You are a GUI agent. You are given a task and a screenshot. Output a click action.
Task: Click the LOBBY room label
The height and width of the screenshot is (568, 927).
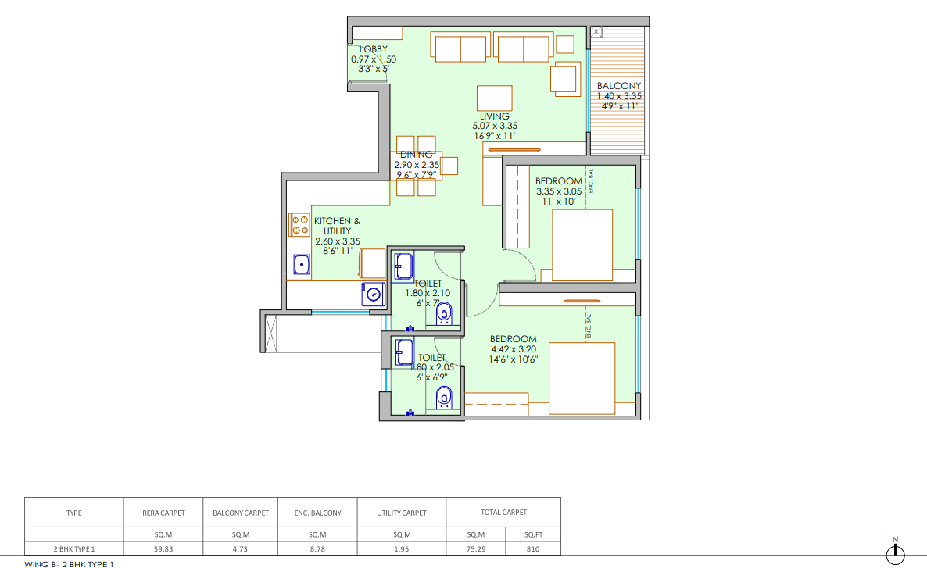(374, 49)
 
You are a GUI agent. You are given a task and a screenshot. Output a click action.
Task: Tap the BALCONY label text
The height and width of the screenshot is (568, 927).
(619, 86)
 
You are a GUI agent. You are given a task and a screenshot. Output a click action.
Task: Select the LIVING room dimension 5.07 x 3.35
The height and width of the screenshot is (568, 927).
(495, 126)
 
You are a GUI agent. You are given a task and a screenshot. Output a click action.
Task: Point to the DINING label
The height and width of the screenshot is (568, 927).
(416, 155)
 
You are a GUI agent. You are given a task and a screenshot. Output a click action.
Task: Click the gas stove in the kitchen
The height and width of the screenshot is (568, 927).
(299, 224)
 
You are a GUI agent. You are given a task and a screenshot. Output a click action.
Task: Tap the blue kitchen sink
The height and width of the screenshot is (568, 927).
(302, 264)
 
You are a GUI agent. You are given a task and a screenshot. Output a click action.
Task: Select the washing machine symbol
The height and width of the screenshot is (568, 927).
(374, 294)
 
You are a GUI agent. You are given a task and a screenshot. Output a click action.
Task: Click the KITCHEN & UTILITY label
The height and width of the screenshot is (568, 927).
(337, 226)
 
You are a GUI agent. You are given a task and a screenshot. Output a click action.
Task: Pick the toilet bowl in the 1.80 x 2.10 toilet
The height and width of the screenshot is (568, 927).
(444, 314)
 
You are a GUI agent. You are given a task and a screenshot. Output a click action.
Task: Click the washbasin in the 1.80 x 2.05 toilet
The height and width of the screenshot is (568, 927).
(404, 352)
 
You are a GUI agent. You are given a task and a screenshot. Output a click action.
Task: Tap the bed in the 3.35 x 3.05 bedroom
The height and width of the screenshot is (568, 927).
(582, 245)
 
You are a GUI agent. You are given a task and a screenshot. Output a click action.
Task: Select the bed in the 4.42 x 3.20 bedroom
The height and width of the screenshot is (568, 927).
(582, 378)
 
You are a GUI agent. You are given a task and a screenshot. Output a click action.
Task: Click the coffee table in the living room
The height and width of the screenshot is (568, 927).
(495, 98)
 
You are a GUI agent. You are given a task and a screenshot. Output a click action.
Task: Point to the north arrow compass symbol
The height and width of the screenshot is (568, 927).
(895, 552)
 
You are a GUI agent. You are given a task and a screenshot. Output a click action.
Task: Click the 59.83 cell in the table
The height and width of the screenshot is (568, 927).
(164, 549)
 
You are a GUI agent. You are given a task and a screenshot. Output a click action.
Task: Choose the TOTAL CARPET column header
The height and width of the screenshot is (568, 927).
(503, 513)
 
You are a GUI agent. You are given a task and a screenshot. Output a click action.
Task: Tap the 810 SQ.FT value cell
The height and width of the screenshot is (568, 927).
(533, 549)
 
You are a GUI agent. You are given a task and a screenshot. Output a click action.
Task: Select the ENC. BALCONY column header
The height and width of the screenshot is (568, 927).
(318, 513)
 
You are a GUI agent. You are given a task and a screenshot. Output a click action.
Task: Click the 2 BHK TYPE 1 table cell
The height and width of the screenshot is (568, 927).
(74, 549)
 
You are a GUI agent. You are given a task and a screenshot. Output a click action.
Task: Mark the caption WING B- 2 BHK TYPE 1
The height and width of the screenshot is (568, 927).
(69, 564)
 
